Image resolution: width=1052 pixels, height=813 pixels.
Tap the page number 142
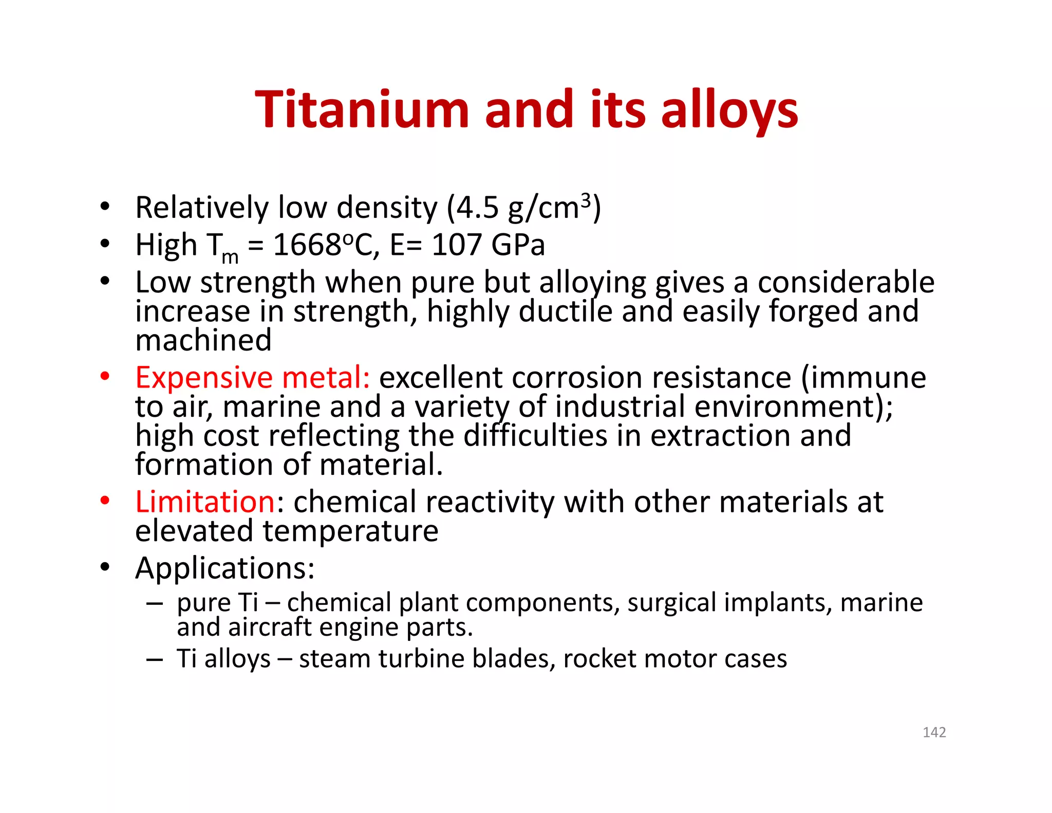pyautogui.click(x=934, y=732)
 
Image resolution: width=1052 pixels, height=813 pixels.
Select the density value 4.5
pyautogui.click(x=477, y=208)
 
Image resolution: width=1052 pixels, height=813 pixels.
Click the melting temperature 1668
pyautogui.click(x=307, y=245)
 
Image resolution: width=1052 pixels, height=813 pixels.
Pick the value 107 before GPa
pyautogui.click(x=457, y=245)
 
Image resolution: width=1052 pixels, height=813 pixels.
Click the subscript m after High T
pyautogui.click(x=230, y=256)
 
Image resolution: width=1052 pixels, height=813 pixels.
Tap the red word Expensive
pyautogui.click(x=203, y=378)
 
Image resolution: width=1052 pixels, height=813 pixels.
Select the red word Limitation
pyautogui.click(x=205, y=502)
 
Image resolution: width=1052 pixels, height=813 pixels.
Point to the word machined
pyautogui.click(x=203, y=340)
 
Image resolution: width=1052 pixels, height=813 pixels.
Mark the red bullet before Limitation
pyautogui.click(x=105, y=501)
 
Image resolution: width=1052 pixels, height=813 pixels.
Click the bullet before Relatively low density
pyautogui.click(x=105, y=207)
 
